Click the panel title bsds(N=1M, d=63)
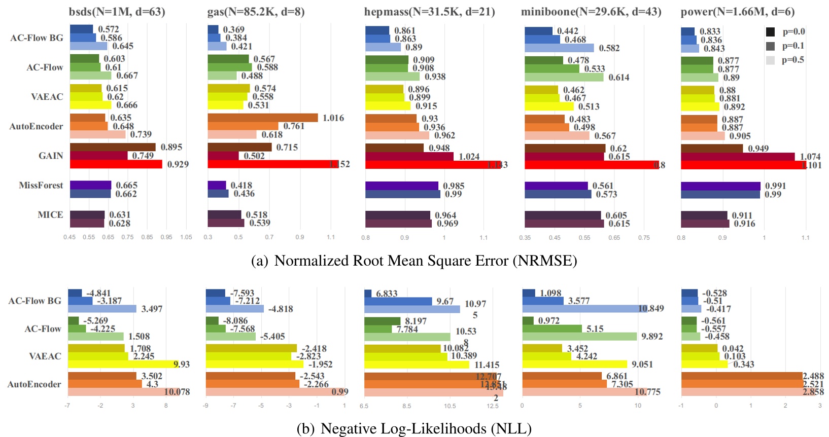(x=117, y=11)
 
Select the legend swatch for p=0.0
(x=770, y=32)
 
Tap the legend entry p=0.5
(x=793, y=60)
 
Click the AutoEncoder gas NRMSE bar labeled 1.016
(x=262, y=118)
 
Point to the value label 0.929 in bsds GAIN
(x=178, y=164)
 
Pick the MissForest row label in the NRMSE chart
(x=41, y=185)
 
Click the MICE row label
(x=50, y=214)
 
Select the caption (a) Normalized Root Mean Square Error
(x=414, y=261)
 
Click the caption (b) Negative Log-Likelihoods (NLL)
(x=414, y=429)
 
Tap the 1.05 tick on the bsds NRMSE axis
(x=186, y=237)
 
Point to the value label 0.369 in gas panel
(x=233, y=29)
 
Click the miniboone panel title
(x=591, y=11)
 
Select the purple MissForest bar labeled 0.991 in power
(x=720, y=186)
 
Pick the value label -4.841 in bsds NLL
(x=98, y=293)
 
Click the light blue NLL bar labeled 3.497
(x=102, y=309)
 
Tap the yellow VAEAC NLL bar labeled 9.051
(x=574, y=364)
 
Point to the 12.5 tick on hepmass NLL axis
(x=492, y=406)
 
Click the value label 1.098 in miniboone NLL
(x=550, y=293)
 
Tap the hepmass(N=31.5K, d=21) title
(x=429, y=11)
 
